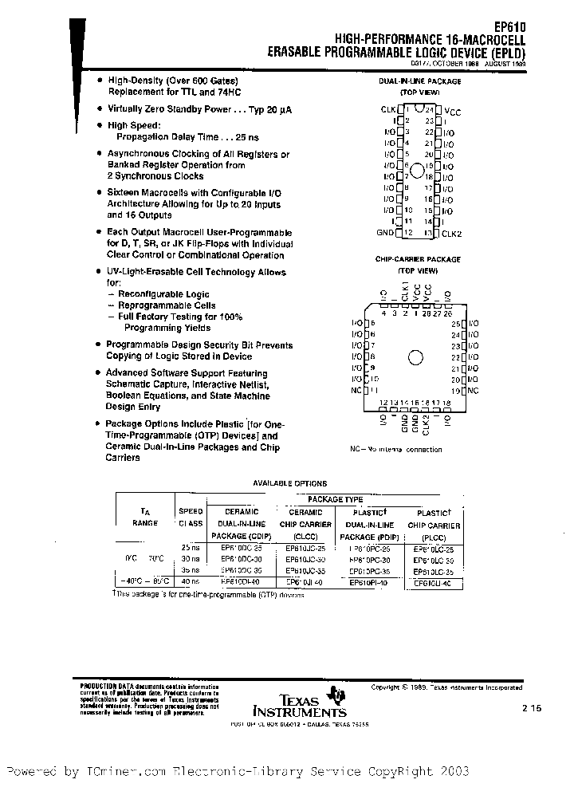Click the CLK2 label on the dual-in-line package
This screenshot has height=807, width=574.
453,232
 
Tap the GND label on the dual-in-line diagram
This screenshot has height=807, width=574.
385,232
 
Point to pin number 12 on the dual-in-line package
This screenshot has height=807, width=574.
408,232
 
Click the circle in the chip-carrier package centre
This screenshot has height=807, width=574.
415,358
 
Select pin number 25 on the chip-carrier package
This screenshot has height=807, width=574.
455,325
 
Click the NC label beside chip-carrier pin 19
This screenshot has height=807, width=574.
474,391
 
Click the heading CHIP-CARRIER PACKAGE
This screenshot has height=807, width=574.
418,259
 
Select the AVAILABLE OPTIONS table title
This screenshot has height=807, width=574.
290,483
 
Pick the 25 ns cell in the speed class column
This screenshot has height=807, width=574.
191,547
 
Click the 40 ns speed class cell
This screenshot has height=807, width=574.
191,582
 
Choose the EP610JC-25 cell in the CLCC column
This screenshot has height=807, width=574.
305,549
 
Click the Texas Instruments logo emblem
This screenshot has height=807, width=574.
340,694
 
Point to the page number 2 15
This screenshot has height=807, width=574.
532,707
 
